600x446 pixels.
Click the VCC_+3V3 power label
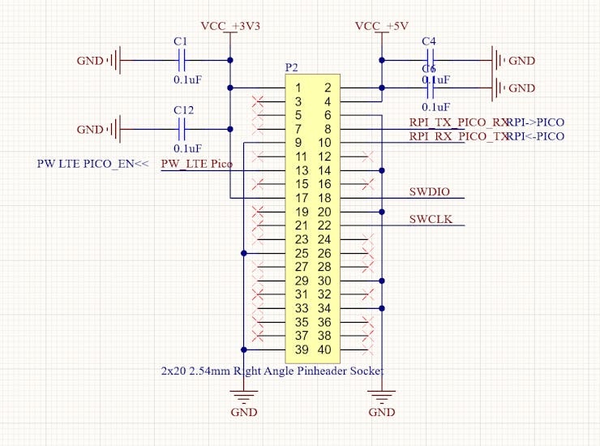(x=230, y=27)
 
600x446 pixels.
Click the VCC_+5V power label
(x=381, y=27)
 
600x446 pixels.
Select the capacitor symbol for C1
(x=182, y=60)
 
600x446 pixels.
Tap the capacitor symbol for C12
(x=182, y=129)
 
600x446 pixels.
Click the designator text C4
(x=429, y=41)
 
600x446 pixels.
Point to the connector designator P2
(x=292, y=66)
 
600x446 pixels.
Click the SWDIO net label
(x=430, y=192)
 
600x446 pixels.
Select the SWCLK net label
(x=430, y=220)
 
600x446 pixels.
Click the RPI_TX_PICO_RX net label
(x=459, y=122)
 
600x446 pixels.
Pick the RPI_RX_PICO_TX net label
(x=459, y=136)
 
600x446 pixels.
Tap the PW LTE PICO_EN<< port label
(x=93, y=164)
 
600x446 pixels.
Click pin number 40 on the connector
(x=324, y=350)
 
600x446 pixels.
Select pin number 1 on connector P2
(x=298, y=88)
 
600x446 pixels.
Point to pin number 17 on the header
(x=302, y=198)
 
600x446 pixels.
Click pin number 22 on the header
(x=324, y=225)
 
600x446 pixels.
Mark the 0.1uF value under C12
(x=188, y=148)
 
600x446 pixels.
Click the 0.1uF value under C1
(x=188, y=79)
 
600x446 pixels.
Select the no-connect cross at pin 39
(x=259, y=350)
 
